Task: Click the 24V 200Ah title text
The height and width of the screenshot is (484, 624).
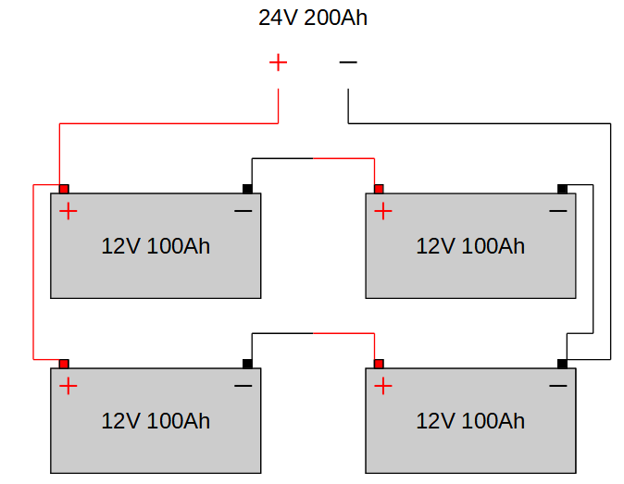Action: coord(313,18)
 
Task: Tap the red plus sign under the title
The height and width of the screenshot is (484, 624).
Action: coord(278,62)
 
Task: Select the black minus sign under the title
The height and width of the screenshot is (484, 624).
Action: coord(348,62)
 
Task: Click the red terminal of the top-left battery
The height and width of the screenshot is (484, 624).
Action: coord(64,189)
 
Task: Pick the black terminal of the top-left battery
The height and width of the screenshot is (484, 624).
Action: coord(247,189)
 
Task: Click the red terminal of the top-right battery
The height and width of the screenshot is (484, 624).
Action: coord(379,189)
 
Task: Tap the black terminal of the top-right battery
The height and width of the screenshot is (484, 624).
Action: coord(562,189)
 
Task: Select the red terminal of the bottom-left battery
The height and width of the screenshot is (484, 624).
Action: coord(64,364)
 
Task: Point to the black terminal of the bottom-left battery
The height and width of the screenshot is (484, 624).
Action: coord(247,364)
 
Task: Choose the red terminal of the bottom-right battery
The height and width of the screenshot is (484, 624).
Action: coord(379,364)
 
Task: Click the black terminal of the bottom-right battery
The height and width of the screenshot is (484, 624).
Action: coord(562,364)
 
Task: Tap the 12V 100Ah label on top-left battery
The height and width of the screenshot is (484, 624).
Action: coord(156,246)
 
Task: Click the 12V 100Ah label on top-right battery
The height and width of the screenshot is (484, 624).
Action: coord(470,246)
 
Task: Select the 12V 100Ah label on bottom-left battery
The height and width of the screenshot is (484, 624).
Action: coord(156,421)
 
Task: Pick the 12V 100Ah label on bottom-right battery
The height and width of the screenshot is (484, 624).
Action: coord(470,421)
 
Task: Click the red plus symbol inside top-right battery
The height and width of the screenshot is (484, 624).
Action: coord(383,211)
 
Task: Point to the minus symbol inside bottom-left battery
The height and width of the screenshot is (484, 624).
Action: coord(243,386)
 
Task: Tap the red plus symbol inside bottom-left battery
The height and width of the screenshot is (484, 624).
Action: coord(69,386)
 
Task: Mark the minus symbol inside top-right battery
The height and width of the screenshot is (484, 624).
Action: coord(558,211)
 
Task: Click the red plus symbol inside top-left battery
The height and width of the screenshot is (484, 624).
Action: coord(69,211)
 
